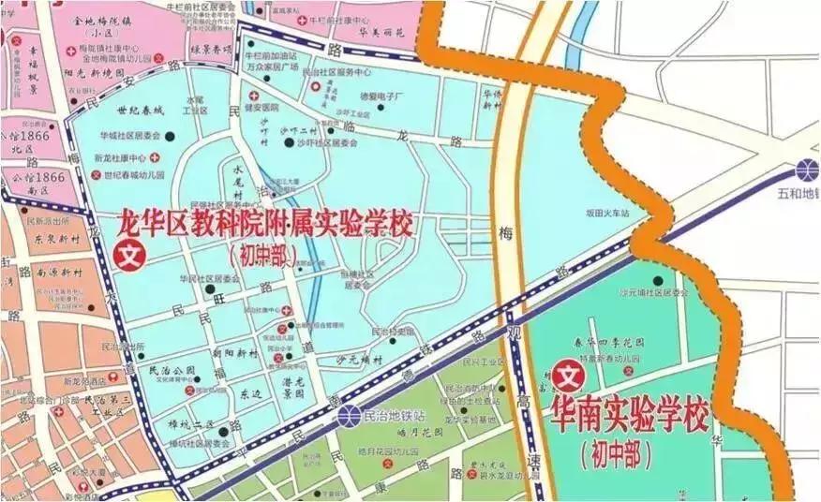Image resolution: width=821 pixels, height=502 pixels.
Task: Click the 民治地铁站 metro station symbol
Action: [x=348, y=414]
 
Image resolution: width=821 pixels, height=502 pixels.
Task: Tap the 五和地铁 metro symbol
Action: [x=806, y=170]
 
